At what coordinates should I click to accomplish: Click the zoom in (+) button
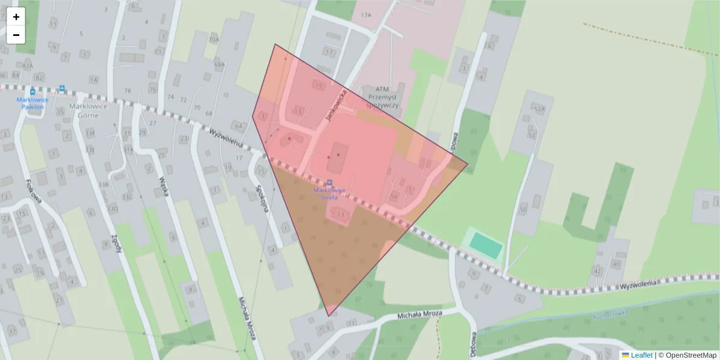(x=16, y=17)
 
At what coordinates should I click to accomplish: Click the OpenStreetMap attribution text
(x=690, y=355)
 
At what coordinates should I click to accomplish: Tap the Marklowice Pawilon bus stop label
(x=33, y=103)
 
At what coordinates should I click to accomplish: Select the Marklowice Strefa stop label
(x=329, y=193)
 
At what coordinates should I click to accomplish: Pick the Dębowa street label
(x=473, y=344)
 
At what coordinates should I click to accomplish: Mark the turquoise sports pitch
(x=486, y=245)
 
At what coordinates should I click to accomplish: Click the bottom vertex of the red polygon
(x=328, y=316)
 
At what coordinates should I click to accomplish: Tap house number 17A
(x=367, y=14)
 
